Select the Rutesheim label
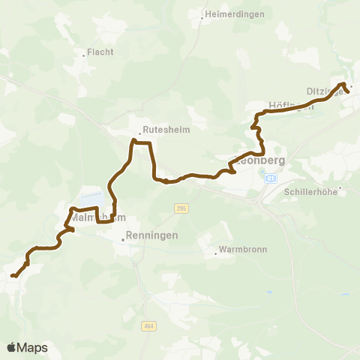166,129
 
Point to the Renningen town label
151,235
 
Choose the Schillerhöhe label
312,191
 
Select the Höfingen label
290,106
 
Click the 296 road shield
180,208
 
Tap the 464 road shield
148,325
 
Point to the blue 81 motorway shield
271,178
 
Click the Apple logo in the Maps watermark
12,347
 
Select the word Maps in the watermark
33,347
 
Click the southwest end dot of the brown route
13,276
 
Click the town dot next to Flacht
83,54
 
